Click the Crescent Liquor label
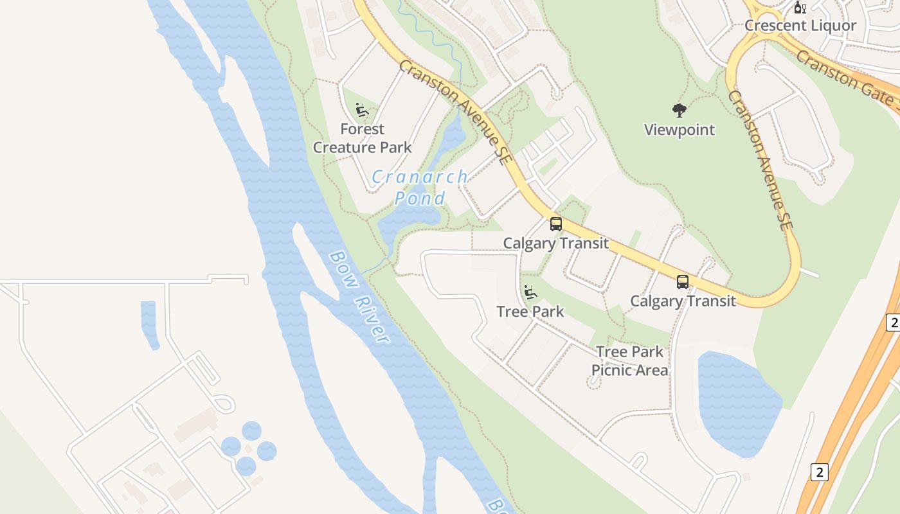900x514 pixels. point(800,26)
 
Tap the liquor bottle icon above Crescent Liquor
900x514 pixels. point(800,8)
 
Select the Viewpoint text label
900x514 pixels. point(679,130)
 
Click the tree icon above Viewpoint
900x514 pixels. point(679,111)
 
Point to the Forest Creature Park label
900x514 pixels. point(363,138)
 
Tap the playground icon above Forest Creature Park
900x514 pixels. point(362,110)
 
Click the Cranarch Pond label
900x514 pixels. point(420,186)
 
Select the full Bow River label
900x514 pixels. point(360,296)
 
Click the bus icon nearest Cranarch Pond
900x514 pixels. point(555,224)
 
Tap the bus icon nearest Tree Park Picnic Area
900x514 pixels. point(682,282)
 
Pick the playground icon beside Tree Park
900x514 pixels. point(530,293)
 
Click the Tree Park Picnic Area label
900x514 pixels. point(629,361)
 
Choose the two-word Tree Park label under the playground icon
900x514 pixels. point(530,312)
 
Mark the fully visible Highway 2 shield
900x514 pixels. point(818,472)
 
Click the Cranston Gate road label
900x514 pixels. point(845,78)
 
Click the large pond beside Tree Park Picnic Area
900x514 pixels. point(736,402)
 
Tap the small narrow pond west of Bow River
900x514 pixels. point(149,325)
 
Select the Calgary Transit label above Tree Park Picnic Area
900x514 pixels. point(683,301)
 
